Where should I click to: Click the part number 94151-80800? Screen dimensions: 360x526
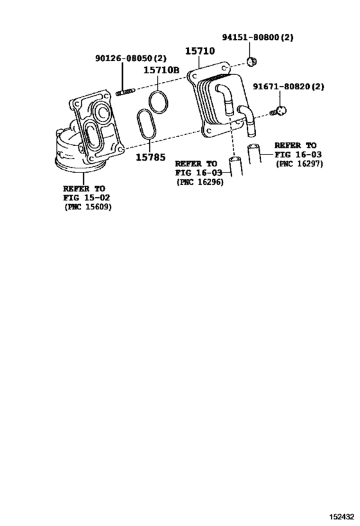point(251,37)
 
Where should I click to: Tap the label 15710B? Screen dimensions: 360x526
point(161,71)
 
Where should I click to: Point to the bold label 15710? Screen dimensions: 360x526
point(200,51)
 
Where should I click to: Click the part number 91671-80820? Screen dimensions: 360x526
point(282,87)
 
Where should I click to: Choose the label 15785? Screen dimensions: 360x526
point(151,157)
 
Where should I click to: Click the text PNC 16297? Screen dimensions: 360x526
point(299,164)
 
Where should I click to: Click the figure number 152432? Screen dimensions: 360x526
point(341,516)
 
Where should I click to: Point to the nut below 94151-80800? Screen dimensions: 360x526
point(251,62)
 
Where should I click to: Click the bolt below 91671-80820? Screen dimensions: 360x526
point(278,111)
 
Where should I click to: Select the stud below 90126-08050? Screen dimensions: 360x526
point(125,92)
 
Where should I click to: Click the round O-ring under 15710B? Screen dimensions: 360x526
point(158,101)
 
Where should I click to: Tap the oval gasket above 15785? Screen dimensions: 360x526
point(147,124)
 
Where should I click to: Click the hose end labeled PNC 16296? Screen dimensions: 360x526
point(236,166)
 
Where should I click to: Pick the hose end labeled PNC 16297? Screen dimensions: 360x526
point(255,153)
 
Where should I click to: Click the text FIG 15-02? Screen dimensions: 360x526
point(87,198)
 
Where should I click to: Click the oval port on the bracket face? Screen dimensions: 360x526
point(91,134)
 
